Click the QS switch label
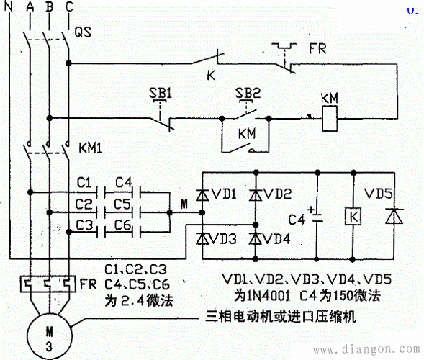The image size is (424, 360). [84, 32]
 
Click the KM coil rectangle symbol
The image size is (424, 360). [328, 117]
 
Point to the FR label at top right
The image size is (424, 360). [317, 50]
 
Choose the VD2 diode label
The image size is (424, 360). [277, 194]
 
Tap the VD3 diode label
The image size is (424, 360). [225, 238]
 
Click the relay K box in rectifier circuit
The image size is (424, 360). [353, 216]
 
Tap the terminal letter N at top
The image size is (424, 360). [9, 8]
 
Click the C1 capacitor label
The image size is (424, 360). [84, 180]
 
